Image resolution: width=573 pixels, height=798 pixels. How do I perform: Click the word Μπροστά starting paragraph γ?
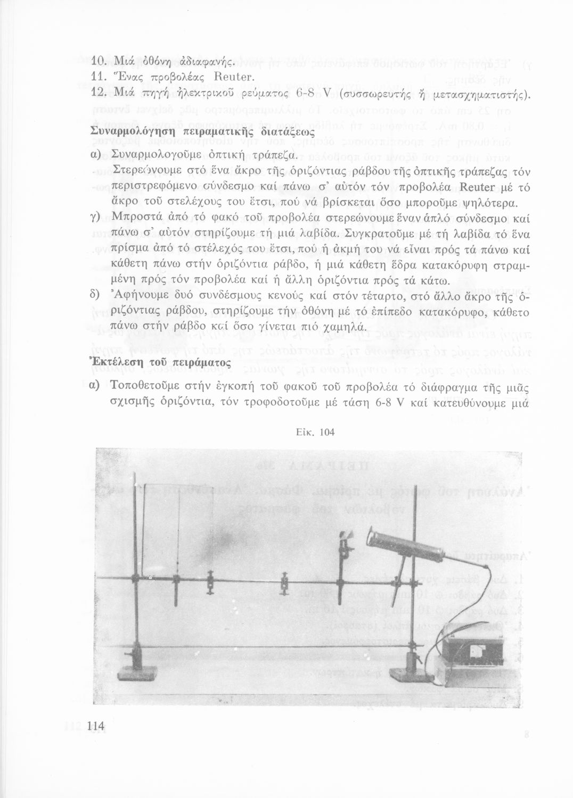click(x=139, y=219)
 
